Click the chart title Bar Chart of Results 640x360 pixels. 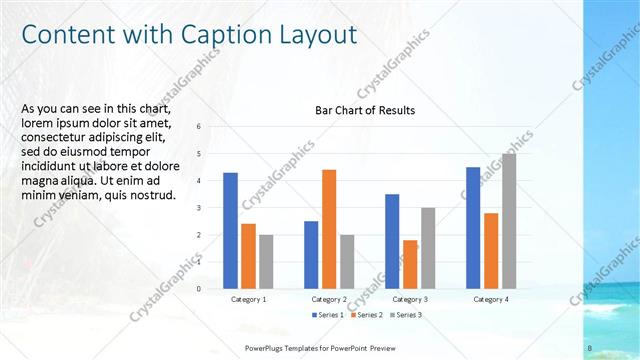tap(364, 110)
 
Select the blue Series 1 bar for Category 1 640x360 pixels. tap(230, 230)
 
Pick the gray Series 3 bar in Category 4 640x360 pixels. tap(509, 221)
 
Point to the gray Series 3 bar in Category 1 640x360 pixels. tap(266, 261)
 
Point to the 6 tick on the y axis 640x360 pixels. tap(199, 126)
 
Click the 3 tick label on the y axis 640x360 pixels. tap(199, 208)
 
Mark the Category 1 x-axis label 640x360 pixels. tap(248, 299)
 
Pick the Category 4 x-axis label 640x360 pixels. tap(491, 299)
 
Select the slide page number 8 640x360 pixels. tap(590, 347)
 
